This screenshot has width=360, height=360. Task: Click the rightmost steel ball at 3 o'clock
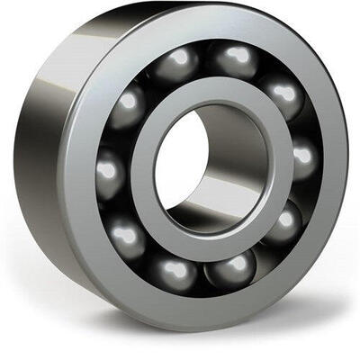click(303, 160)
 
